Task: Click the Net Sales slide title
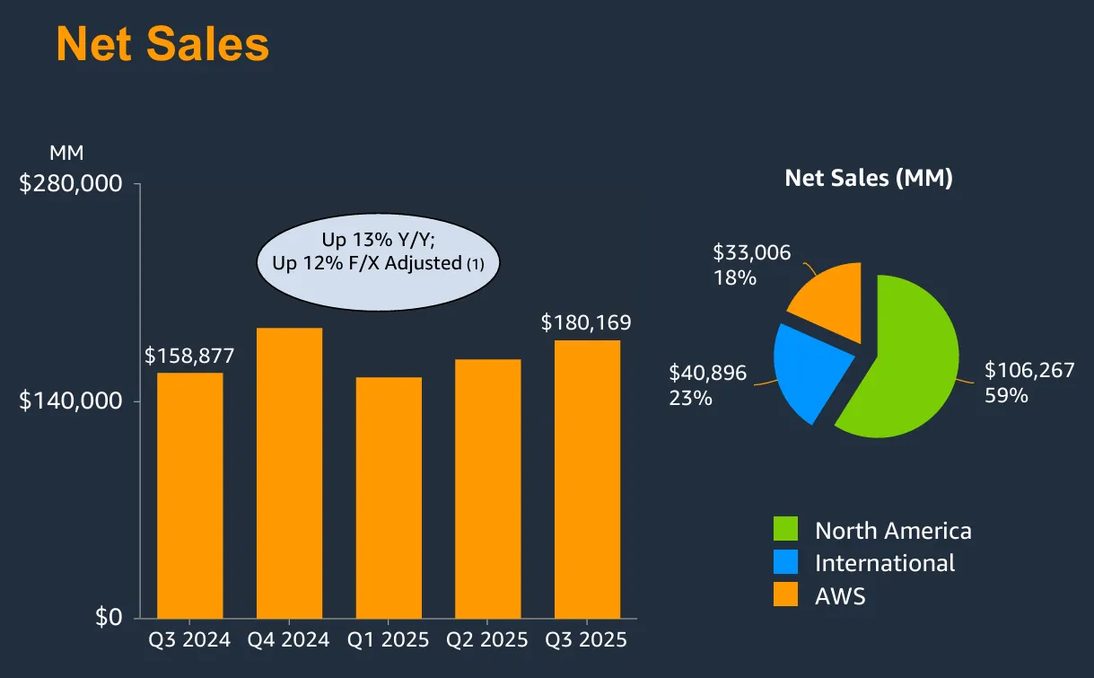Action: tap(162, 44)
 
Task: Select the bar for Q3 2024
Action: tap(190, 494)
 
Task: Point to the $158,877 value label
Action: tap(189, 356)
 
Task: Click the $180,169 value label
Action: tap(586, 322)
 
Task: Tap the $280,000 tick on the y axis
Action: tap(71, 184)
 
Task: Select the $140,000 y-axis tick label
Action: tap(71, 401)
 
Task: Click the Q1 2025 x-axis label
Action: tap(389, 640)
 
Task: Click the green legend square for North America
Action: tap(785, 530)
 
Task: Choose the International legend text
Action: tap(884, 563)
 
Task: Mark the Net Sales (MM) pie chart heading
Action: tap(868, 178)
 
